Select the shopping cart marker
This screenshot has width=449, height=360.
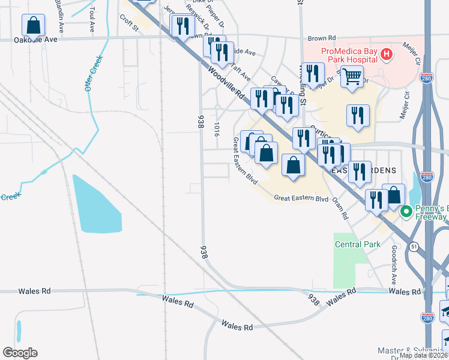[352, 76]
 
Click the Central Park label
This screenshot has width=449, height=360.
[358, 244]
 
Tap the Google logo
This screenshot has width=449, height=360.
[20, 353]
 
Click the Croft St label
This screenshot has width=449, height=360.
[129, 25]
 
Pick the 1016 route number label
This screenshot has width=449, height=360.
[216, 129]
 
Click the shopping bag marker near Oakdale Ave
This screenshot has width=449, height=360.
[33, 26]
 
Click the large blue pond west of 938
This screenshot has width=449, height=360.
[96, 204]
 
